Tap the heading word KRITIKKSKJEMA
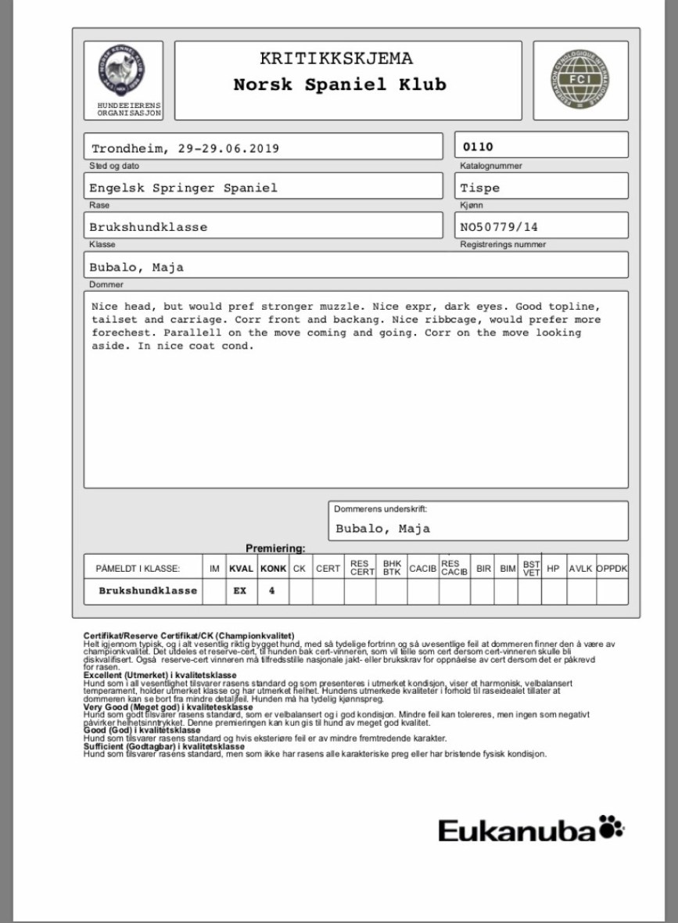(336, 59)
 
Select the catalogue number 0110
(478, 146)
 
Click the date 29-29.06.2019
(222, 149)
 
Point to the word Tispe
(480, 188)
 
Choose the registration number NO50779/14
(500, 227)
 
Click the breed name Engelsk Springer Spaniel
(183, 188)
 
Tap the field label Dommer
(102, 285)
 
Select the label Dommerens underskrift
(381, 509)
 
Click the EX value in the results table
(240, 591)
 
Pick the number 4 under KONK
(272, 591)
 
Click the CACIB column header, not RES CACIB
(422, 568)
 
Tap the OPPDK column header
(612, 568)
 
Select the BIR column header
(482, 568)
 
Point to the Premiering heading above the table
(275, 549)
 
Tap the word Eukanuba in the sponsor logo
(517, 830)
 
